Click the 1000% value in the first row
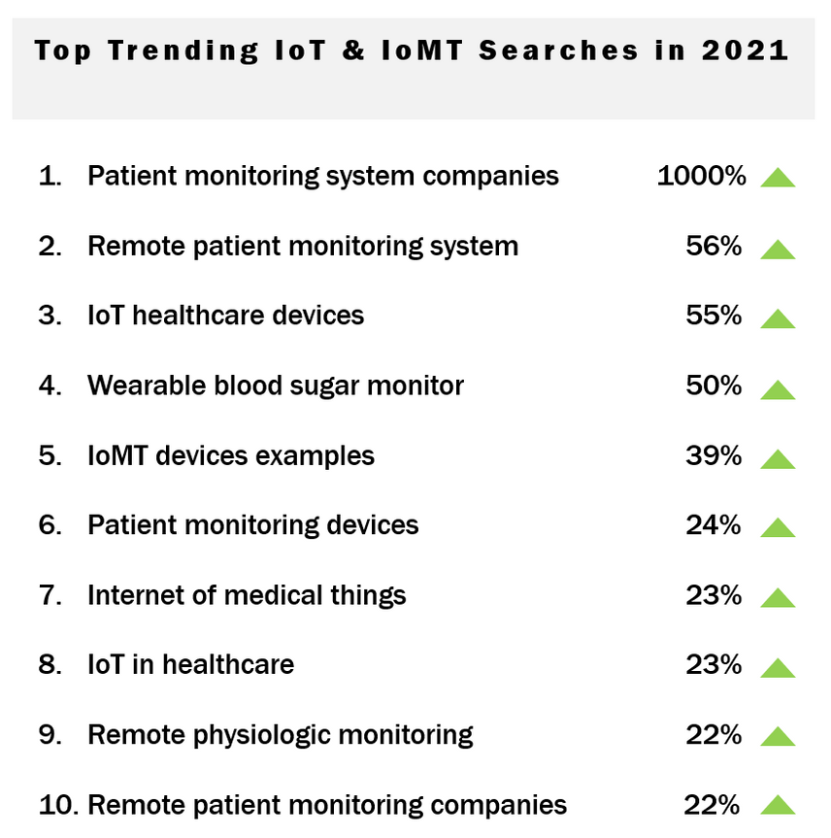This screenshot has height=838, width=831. [701, 176]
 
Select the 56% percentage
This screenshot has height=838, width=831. [714, 246]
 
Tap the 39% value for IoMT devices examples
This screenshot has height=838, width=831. [714, 455]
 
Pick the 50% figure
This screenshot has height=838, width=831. [714, 385]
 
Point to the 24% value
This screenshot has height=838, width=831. [714, 525]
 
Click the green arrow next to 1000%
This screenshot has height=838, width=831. [778, 178]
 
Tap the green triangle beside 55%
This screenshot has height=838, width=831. [778, 318]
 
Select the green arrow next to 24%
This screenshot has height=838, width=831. [778, 528]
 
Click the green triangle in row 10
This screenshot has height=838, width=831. [778, 806]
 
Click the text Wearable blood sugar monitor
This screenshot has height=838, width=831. [276, 385]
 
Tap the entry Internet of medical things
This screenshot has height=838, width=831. [247, 595]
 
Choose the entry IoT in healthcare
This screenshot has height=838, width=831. [190, 665]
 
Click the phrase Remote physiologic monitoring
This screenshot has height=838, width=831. [280, 735]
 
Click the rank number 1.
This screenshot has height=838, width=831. [49, 176]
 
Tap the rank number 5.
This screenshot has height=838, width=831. [50, 455]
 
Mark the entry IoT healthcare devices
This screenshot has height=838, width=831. [225, 316]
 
